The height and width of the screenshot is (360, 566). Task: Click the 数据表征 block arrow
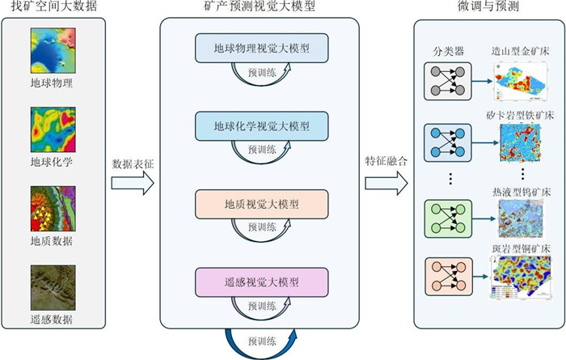(x=132, y=184)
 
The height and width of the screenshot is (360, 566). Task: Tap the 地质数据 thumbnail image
(x=52, y=208)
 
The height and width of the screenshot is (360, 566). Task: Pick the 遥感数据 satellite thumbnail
(x=52, y=286)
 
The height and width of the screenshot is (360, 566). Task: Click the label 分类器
(x=447, y=51)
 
